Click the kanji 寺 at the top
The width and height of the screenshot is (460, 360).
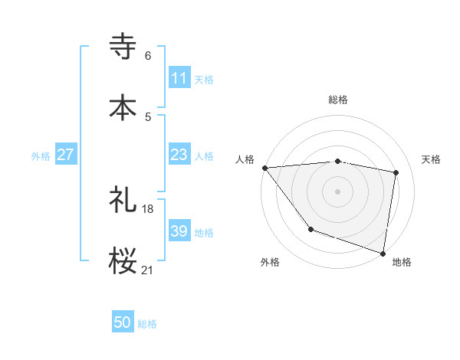[x=123, y=46]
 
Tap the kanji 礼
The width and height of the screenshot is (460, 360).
[x=123, y=199]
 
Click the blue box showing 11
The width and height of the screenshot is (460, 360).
[x=179, y=78]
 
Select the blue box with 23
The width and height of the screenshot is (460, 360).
[x=179, y=155]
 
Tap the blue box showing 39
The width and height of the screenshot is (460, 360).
[x=179, y=231]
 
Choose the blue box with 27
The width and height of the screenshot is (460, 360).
[x=65, y=155]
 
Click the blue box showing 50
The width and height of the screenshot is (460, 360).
[x=123, y=323]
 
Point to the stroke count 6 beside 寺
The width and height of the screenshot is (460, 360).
[x=148, y=56]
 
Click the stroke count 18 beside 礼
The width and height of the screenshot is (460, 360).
[x=148, y=208]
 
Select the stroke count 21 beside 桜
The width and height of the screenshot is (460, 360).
[x=148, y=270]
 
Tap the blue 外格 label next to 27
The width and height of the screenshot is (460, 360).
[x=41, y=155]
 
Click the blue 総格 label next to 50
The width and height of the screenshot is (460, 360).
[x=147, y=324]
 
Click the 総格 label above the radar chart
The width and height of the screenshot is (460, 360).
[x=338, y=100]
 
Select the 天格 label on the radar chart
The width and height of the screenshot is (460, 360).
[x=432, y=159]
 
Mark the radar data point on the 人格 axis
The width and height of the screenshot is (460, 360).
[x=264, y=167]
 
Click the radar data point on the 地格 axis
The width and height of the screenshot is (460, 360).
[x=383, y=253]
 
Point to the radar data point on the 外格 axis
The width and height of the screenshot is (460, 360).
[x=310, y=229]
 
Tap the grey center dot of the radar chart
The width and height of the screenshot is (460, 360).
[x=338, y=191]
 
